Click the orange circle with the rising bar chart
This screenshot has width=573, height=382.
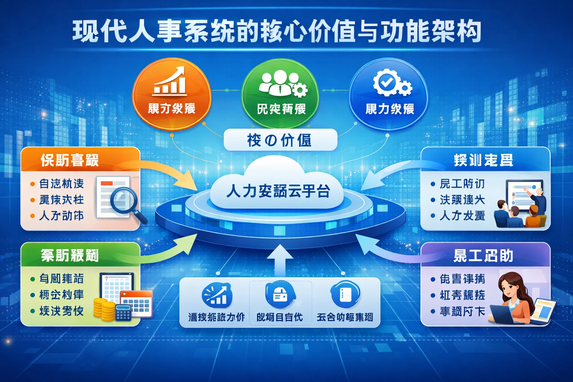[x=172, y=93]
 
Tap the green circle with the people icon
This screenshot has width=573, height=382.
[x=280, y=93]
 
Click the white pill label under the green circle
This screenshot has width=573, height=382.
[x=280, y=140]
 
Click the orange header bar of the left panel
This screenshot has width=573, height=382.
[x=80, y=160]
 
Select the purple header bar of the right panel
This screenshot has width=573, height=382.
[x=485, y=256]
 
